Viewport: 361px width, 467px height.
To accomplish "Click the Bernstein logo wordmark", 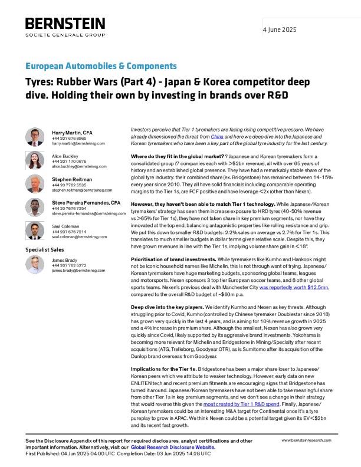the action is coord(65,23).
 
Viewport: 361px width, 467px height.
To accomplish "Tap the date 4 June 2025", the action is coord(280,29).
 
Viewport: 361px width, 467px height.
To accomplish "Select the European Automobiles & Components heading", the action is coord(101,66).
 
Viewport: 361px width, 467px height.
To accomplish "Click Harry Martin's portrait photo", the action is coord(35,137).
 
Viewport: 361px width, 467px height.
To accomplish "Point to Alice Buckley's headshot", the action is coord(35,160).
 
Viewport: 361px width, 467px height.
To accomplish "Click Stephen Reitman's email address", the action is coord(82,190).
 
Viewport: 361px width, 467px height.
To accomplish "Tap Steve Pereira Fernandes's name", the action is coord(86,203).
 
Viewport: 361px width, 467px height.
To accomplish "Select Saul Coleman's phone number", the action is coord(69,231).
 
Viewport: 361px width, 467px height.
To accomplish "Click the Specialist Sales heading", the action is coord(45,249).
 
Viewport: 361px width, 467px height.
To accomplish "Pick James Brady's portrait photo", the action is coord(35,265).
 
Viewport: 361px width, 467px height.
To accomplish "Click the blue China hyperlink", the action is coord(217,137).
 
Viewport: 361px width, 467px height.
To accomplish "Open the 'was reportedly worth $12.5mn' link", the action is coord(294,287).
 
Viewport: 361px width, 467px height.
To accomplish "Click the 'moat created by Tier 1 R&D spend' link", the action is coord(241,404).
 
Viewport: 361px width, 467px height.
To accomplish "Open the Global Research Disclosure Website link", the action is coord(172,448).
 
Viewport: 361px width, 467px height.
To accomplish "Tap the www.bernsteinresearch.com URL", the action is coord(306,440).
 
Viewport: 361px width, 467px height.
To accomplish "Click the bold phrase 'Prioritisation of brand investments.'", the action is coord(173,259).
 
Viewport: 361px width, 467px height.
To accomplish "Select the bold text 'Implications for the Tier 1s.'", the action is coord(164,369).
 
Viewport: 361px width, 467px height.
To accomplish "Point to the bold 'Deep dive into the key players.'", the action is coord(168,307).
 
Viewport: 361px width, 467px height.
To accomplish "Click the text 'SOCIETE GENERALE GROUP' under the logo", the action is coord(65,35).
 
